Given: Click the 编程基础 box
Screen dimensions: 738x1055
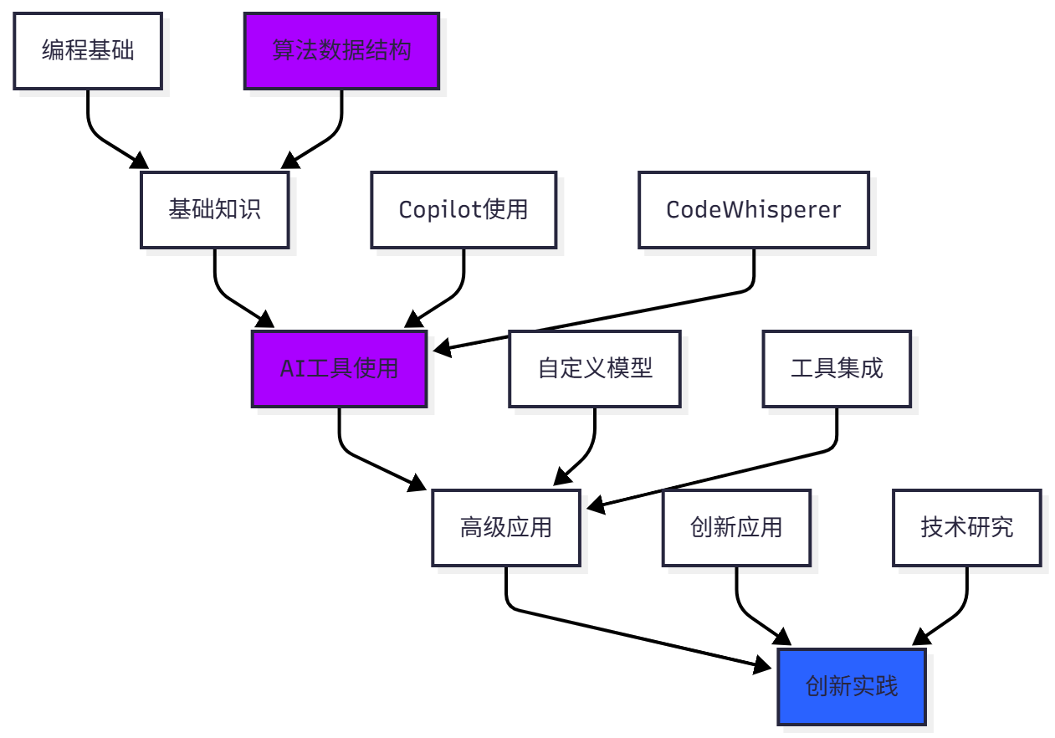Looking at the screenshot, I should coord(88,51).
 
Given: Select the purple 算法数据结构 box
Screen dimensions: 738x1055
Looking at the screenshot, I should coord(341,51).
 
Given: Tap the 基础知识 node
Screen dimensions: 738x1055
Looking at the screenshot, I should coord(215,210).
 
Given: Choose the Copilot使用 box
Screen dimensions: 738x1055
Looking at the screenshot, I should coord(463,210).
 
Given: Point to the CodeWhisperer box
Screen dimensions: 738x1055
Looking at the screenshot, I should coord(754,210).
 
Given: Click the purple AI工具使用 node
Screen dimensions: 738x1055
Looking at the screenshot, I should coord(339,369).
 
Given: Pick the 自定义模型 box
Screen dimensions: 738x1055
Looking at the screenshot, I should coord(595,369).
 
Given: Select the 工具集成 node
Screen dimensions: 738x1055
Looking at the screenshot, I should coord(837,369).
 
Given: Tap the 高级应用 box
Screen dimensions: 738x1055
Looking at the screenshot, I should coord(506,528).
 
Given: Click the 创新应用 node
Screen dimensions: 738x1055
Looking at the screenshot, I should coord(736,528).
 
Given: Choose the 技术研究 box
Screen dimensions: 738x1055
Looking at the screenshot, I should coord(967,528).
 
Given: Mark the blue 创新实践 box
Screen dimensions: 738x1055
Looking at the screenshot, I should coord(852,687).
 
